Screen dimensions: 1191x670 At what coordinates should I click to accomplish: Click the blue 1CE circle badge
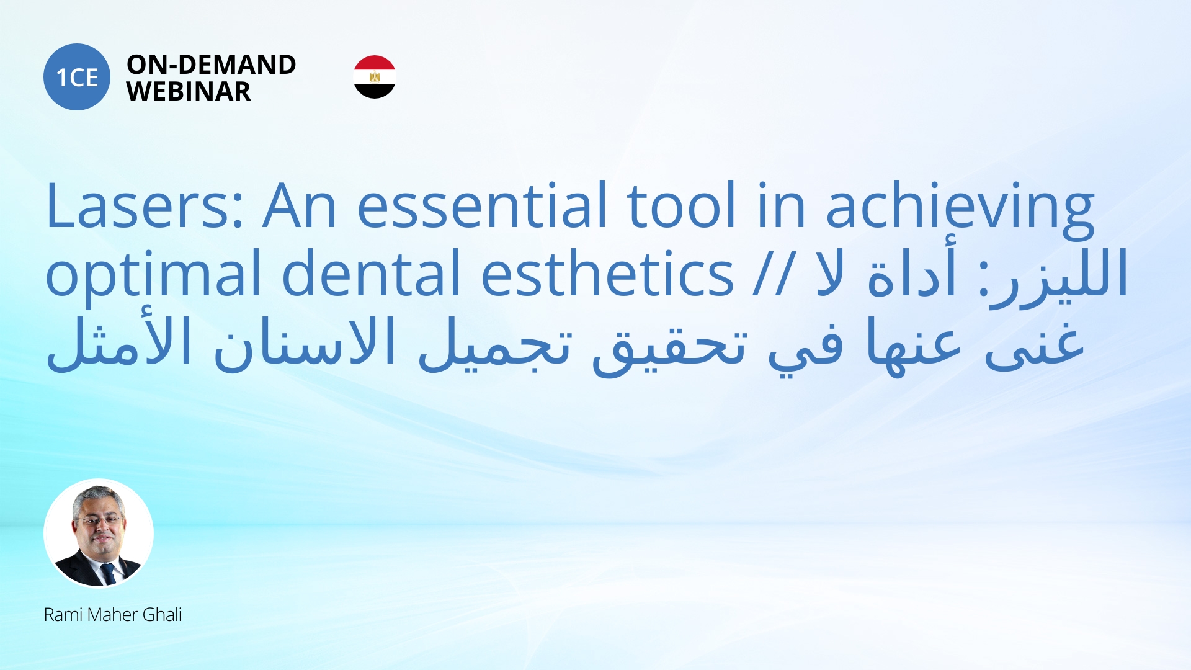point(77,77)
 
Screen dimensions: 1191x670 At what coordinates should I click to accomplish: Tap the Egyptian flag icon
point(375,77)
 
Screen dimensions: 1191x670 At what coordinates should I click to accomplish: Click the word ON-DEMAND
point(211,65)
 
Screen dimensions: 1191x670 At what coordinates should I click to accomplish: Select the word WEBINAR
point(189,92)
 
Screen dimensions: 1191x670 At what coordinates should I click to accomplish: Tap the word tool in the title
point(682,205)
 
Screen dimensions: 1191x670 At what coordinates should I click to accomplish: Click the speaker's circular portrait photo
point(99,534)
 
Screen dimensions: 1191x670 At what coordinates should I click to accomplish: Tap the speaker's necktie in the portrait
point(108,574)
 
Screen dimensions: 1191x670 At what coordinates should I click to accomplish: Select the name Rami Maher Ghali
point(113,615)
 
